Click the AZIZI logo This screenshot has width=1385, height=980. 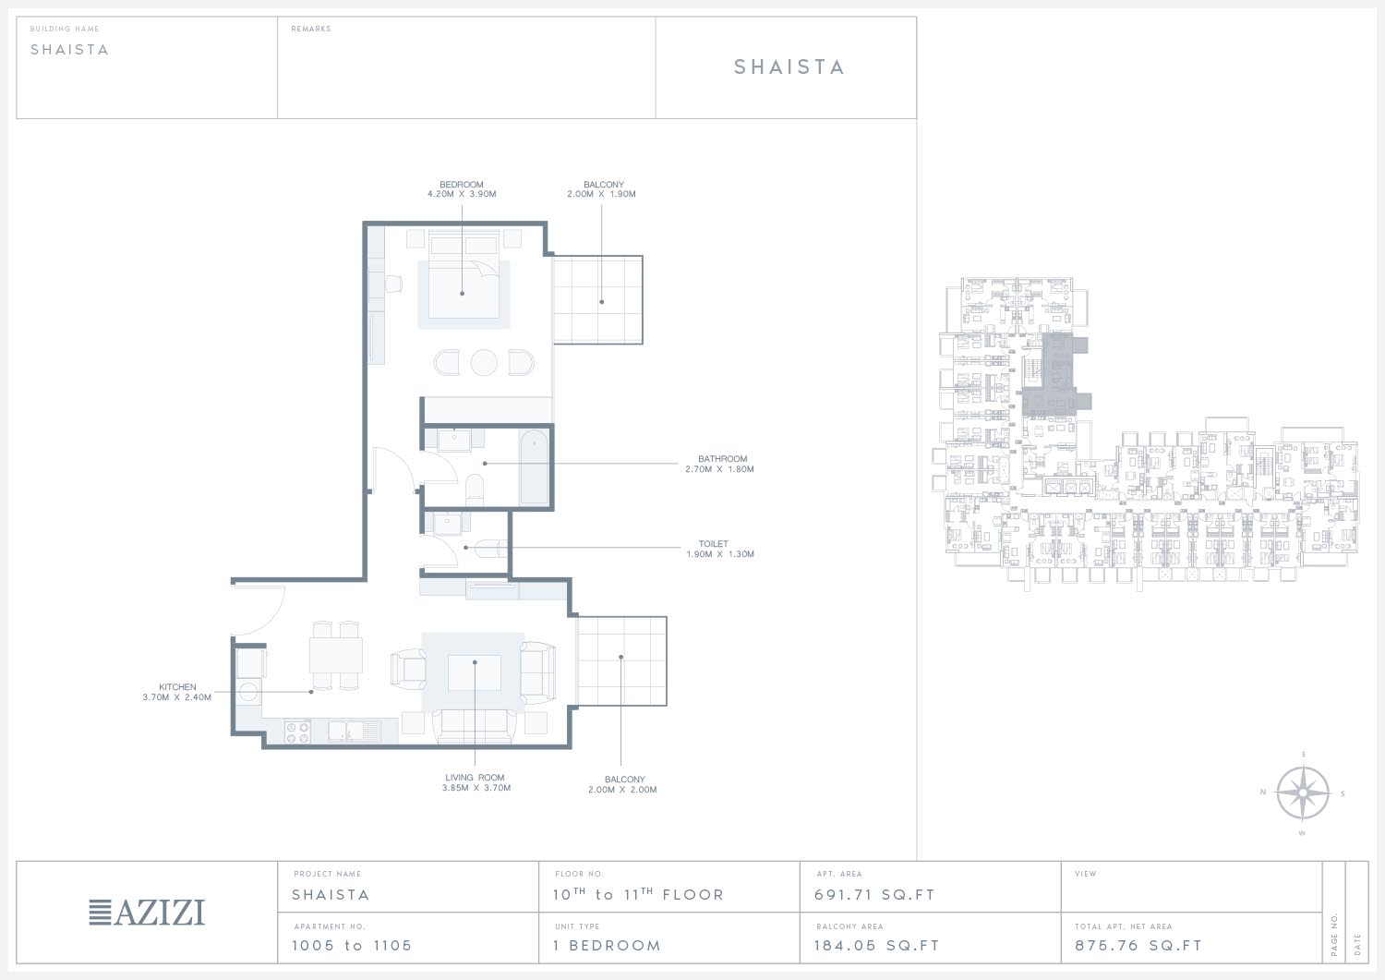[x=147, y=913]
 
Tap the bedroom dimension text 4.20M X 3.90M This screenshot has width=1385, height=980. [x=462, y=194]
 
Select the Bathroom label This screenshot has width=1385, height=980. [x=722, y=459]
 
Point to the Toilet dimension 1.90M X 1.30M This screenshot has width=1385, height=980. [x=720, y=554]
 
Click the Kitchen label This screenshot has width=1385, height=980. [x=177, y=687]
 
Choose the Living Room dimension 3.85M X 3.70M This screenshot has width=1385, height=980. [x=476, y=788]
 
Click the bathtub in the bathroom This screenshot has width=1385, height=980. [x=534, y=467]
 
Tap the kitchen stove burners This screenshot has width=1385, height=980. [x=296, y=732]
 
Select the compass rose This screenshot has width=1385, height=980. [x=1303, y=793]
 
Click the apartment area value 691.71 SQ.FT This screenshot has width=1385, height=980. [x=874, y=895]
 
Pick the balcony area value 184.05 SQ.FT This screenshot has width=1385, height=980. [x=877, y=946]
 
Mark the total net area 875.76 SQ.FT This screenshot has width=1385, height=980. [x=1138, y=946]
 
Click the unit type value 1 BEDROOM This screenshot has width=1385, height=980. [x=608, y=946]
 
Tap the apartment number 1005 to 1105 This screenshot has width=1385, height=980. [x=352, y=946]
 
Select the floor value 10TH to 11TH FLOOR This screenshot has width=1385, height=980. [x=638, y=894]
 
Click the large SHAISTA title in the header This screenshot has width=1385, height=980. [x=789, y=67]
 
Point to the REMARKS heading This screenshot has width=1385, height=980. [x=311, y=29]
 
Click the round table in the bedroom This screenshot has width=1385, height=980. [x=484, y=363]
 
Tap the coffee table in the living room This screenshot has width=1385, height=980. [x=475, y=672]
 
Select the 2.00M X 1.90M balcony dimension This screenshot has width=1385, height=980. [x=602, y=194]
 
